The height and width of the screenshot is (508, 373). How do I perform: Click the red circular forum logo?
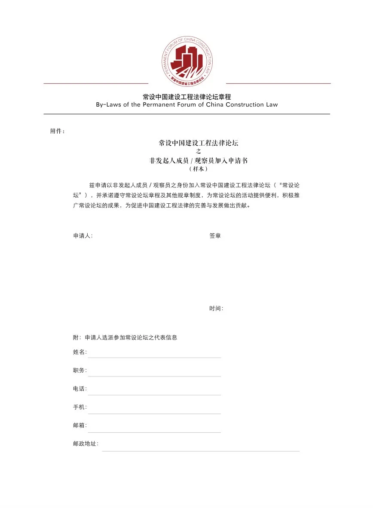(x=187, y=61)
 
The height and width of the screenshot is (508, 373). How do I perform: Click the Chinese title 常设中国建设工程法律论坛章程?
(x=187, y=97)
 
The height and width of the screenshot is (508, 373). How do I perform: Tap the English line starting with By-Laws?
(x=187, y=104)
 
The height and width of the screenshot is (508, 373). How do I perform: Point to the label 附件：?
(x=58, y=131)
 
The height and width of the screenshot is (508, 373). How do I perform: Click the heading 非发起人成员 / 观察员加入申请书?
(x=198, y=160)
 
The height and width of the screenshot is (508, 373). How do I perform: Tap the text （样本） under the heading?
(x=198, y=169)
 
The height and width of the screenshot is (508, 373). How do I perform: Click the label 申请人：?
(x=83, y=236)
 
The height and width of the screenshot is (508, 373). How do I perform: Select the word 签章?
(x=215, y=236)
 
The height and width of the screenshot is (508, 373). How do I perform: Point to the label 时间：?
(x=216, y=309)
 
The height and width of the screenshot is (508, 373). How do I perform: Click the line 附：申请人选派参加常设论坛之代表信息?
(x=125, y=337)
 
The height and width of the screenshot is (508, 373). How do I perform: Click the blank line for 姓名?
(x=154, y=356)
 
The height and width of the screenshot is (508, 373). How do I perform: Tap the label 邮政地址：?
(x=86, y=444)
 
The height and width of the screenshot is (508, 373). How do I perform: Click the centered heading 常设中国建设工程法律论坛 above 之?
(x=198, y=143)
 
